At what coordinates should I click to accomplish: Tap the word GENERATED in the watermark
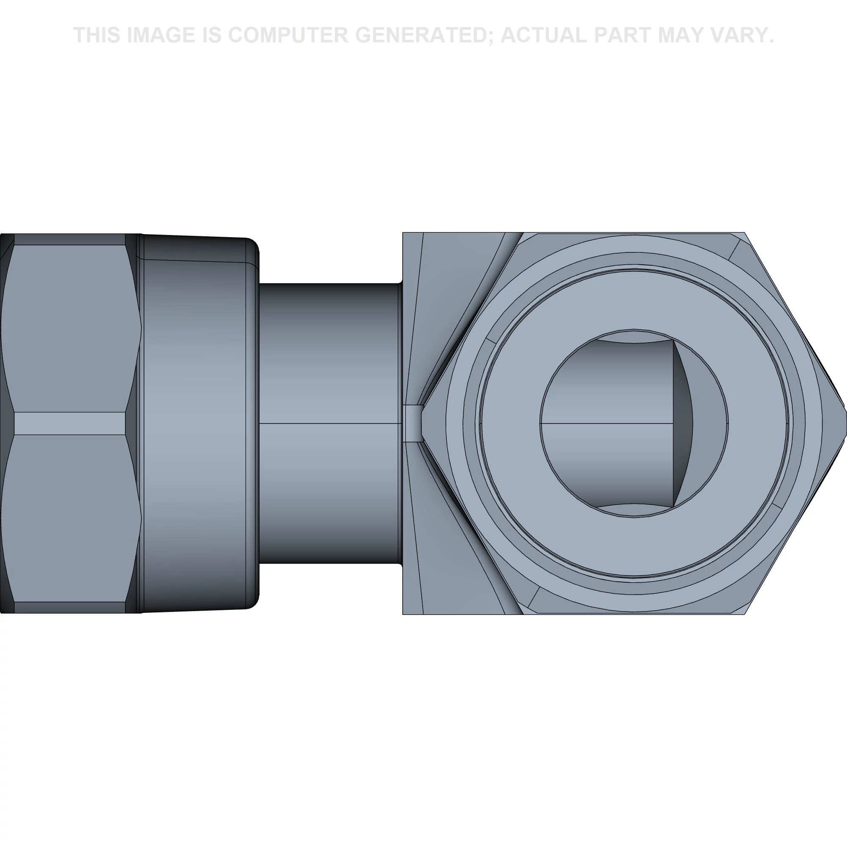[x=423, y=35]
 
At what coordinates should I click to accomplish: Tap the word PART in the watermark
[x=623, y=35]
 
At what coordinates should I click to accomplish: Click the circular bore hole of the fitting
[x=634, y=423]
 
